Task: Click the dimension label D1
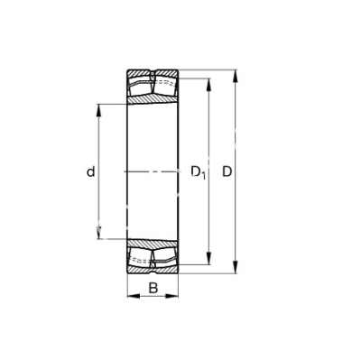click(x=199, y=171)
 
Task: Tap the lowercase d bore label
click(x=91, y=171)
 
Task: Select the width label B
click(x=153, y=289)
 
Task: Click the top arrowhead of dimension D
click(x=238, y=73)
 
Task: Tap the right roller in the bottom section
click(x=165, y=256)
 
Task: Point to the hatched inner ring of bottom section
click(x=152, y=242)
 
